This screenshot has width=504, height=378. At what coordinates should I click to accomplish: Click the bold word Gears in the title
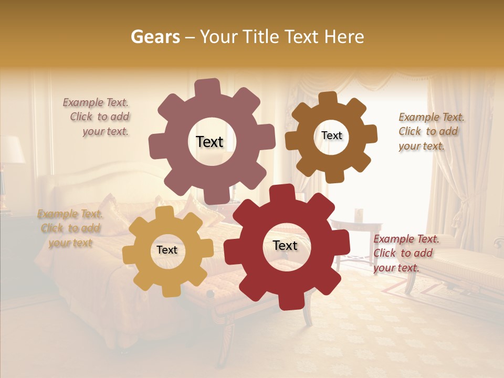point(155,37)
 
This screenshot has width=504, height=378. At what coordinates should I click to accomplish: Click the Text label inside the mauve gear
point(209,142)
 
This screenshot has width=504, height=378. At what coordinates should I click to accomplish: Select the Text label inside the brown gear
point(331,135)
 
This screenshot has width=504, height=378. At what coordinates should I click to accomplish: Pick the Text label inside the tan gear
point(167,250)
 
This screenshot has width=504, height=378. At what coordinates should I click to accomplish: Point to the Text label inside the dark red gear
point(285,245)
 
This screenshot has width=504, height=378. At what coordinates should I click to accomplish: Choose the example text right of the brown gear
point(430,131)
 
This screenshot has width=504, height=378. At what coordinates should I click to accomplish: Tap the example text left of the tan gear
point(70,228)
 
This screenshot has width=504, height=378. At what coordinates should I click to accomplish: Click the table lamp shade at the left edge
point(9,149)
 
